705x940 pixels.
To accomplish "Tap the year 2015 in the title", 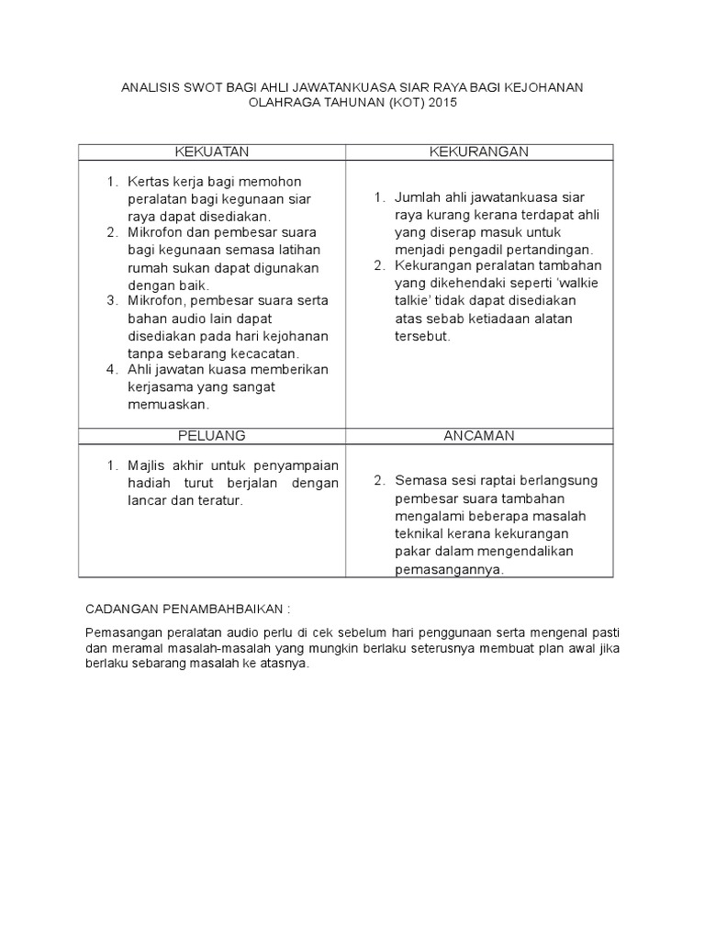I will (x=439, y=104).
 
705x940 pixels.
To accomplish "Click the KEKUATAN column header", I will (x=211, y=151).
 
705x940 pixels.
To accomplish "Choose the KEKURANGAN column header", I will (x=479, y=151).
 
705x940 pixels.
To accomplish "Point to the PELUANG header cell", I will (x=211, y=434).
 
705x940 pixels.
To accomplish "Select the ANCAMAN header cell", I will (x=479, y=434).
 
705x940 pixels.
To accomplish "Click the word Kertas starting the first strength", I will (x=148, y=181).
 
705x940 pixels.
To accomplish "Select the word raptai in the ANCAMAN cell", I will (x=498, y=480).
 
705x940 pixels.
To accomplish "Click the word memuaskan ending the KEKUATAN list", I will (x=170, y=404).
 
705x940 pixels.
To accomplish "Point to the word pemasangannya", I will (x=449, y=569).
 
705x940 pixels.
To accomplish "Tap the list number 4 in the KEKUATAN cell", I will (x=111, y=369).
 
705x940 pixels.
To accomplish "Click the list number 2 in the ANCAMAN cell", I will (x=378, y=480).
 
